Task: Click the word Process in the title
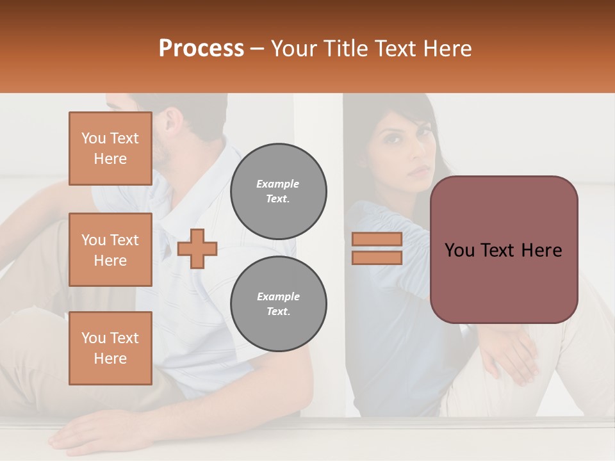[201, 49]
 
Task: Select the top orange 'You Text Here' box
[110, 149]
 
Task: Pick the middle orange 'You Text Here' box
[110, 250]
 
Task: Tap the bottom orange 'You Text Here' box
[110, 348]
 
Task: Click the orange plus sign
[197, 248]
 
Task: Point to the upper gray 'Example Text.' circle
[279, 191]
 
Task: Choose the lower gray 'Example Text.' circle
[279, 304]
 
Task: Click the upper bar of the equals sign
[377, 239]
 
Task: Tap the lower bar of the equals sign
[377, 257]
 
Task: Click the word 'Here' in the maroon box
[541, 250]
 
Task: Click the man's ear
[172, 120]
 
